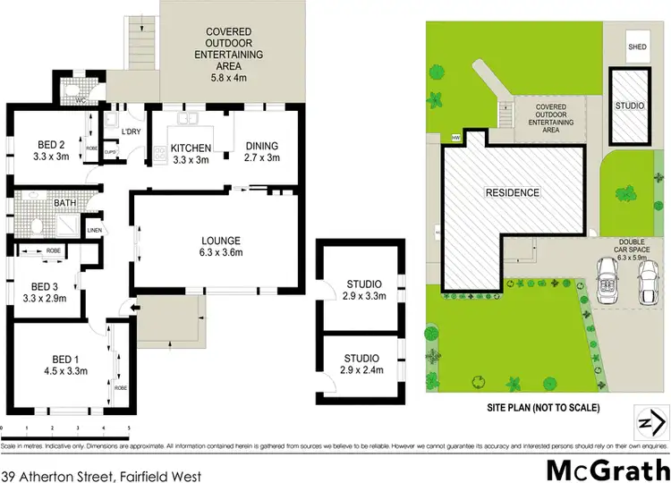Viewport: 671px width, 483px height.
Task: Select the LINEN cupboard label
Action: pos(95,231)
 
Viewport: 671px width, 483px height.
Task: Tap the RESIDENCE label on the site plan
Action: pos(513,193)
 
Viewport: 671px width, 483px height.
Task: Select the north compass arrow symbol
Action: pos(651,420)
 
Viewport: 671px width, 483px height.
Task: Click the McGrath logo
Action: pos(607,468)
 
